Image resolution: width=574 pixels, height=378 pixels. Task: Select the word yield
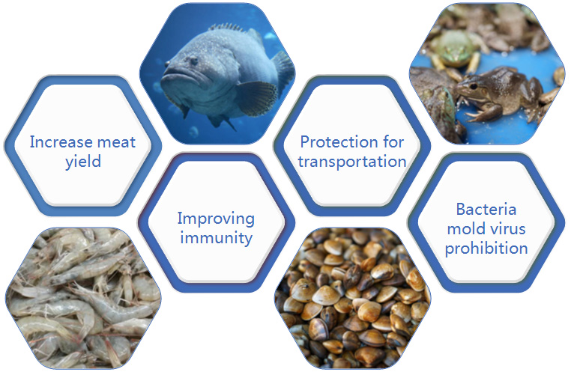83,162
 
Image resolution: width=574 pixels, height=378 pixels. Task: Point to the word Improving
216,219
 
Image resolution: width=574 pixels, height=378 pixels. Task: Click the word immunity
216,238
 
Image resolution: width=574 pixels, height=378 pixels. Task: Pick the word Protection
339,141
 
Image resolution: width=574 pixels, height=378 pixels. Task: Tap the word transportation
351,162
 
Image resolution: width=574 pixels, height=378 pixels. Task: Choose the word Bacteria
486,210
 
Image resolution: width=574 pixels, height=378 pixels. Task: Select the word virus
507,229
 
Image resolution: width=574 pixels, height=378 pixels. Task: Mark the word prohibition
486,249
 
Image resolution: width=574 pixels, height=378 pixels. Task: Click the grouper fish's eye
193,61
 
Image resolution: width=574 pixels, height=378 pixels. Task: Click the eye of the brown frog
473,86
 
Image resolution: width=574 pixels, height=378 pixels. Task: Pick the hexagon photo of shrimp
83,298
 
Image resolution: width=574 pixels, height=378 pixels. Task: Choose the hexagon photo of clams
352,298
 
